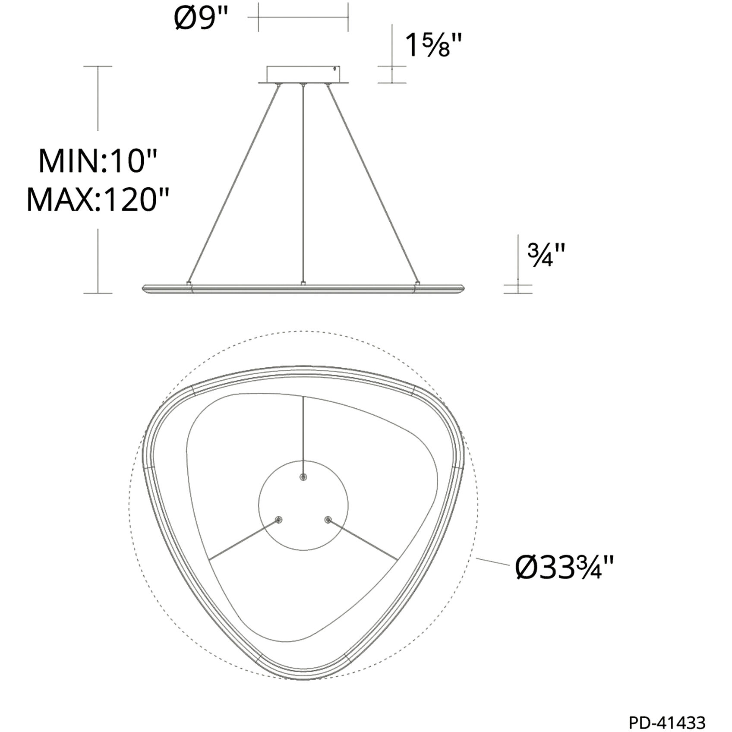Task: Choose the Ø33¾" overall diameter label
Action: (564, 567)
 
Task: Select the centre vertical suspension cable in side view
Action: (303, 183)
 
